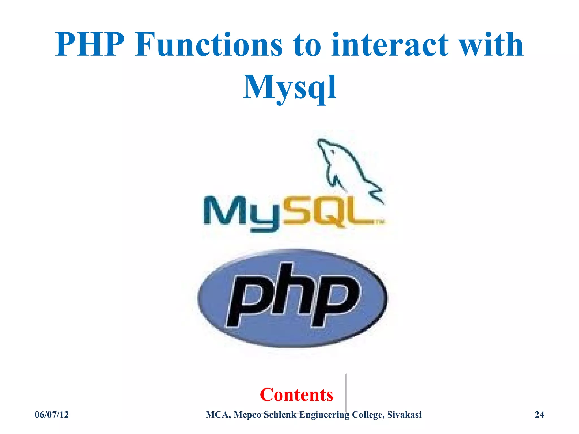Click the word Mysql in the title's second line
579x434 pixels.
click(289, 87)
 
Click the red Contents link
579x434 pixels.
click(297, 394)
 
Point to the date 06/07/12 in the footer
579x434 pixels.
click(52, 415)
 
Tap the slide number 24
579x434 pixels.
click(539, 415)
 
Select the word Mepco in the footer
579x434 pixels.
click(247, 415)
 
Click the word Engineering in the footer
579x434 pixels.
click(324, 415)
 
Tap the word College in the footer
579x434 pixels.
click(368, 415)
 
